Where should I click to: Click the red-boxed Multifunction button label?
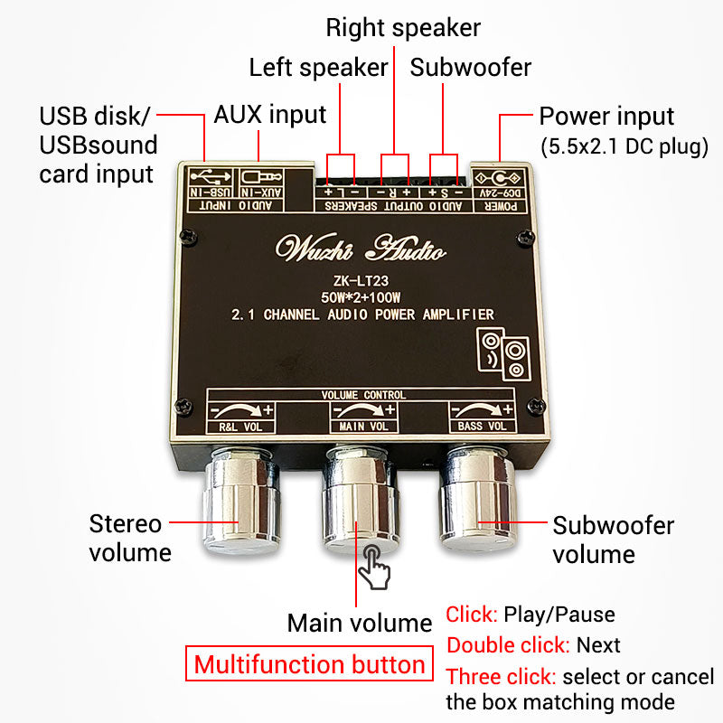point(309,665)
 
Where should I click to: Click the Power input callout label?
point(606,117)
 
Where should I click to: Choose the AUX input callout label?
point(270,116)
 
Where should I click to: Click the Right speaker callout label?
point(403,27)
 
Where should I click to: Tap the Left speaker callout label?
point(318,67)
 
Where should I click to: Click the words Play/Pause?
point(559,615)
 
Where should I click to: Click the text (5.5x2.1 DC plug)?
point(624,146)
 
